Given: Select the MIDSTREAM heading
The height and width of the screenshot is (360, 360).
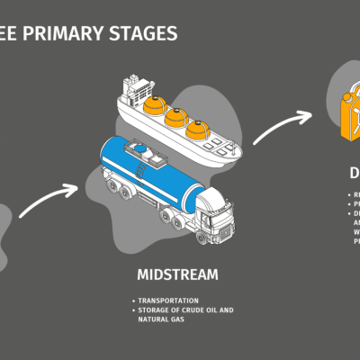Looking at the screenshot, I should (179, 273).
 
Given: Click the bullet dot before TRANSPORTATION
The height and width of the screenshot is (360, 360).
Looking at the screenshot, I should (131, 300).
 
